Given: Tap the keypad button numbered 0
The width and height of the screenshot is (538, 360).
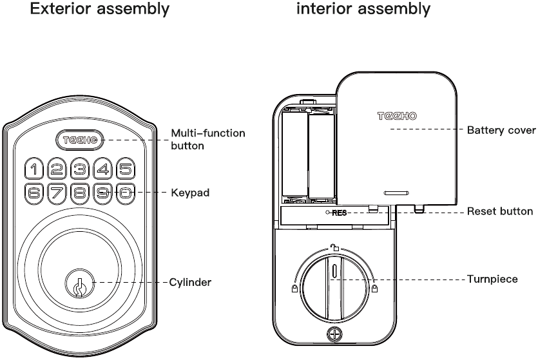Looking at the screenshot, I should (126, 193).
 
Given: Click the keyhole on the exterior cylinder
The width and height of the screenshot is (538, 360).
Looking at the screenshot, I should (80, 283).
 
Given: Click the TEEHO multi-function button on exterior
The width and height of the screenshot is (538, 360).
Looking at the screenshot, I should (80, 140).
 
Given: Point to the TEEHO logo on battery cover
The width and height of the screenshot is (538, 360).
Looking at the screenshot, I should (397, 116).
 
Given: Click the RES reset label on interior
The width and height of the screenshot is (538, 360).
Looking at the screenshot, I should (338, 213).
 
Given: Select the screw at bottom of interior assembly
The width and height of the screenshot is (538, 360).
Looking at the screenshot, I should (333, 334).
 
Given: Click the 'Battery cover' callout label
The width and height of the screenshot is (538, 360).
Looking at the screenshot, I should (501, 130).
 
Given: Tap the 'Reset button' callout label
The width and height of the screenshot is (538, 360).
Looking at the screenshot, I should (500, 211).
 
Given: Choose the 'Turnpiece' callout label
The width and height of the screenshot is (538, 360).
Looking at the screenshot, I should (492, 279).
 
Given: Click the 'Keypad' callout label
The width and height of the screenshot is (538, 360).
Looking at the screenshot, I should (190, 193).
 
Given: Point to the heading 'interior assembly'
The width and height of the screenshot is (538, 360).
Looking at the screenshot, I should (363, 10).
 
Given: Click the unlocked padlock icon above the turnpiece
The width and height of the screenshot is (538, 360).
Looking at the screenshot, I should (333, 248).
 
